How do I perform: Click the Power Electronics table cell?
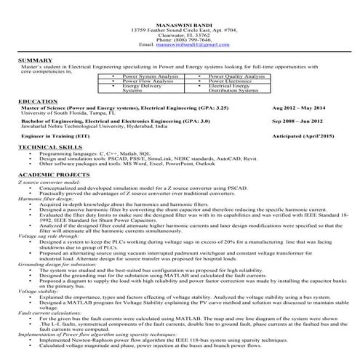coord(231,81)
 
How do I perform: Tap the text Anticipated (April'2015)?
coord(303,136)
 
